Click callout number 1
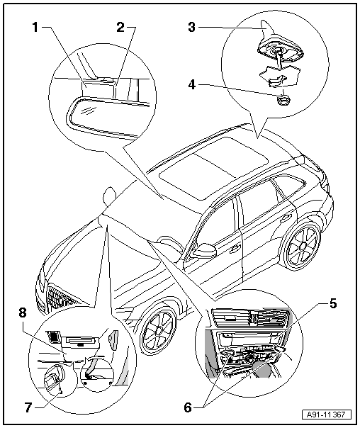35,28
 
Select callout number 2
120,28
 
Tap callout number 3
191,28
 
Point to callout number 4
192,84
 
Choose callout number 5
332,303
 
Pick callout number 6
188,408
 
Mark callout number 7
28,408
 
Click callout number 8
23,312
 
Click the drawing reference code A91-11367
327,415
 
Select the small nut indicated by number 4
283,100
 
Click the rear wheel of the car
302,246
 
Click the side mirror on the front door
205,250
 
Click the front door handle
235,249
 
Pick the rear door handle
285,218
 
